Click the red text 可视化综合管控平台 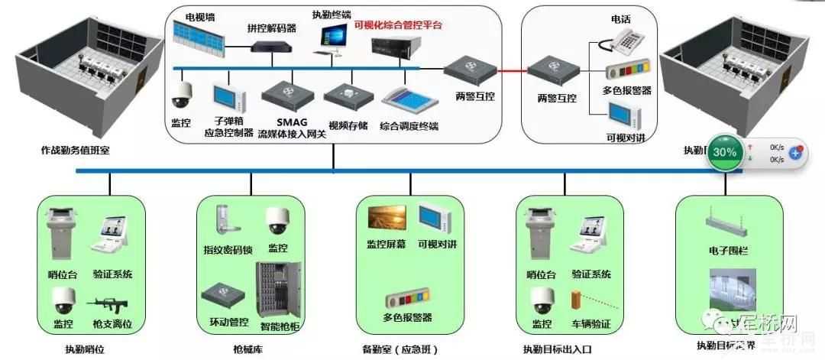(x=398, y=25)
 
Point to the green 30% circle (x=724, y=152)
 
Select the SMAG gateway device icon (x=287, y=95)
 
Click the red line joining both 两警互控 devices (x=510, y=73)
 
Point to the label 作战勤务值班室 (x=75, y=151)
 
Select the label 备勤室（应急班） (x=400, y=349)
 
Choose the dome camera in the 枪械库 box (x=278, y=222)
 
